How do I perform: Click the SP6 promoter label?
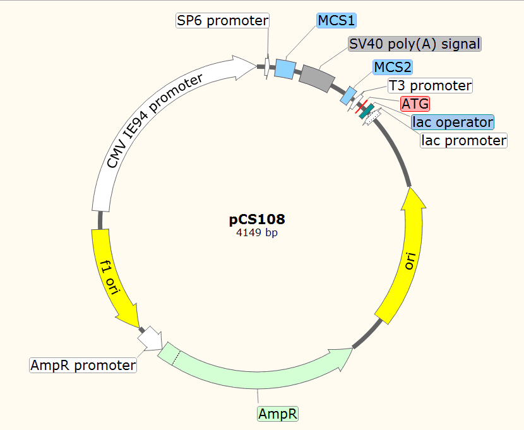click(x=222, y=21)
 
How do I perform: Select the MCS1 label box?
click(x=336, y=21)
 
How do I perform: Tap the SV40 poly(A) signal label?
click(x=415, y=44)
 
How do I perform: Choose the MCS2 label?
click(x=393, y=67)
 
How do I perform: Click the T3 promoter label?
click(x=430, y=85)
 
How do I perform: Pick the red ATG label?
click(x=415, y=103)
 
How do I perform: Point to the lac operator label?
click(x=452, y=121)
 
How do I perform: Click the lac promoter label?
click(x=464, y=140)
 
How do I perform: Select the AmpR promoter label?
click(x=83, y=365)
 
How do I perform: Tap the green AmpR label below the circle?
click(x=278, y=414)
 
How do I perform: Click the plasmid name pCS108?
click(x=257, y=220)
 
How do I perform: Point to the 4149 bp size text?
click(x=257, y=232)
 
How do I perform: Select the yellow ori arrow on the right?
click(x=405, y=253)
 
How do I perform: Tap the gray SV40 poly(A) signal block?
click(x=316, y=78)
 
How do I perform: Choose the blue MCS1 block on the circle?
click(x=285, y=68)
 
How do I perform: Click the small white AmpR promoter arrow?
click(x=150, y=339)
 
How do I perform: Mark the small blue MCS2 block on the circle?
click(x=348, y=95)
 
